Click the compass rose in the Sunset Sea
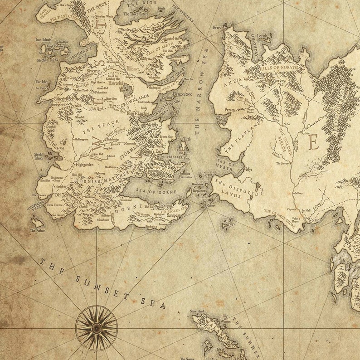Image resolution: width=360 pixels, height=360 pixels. click(x=96, y=327)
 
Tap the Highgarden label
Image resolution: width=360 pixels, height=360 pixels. click(x=84, y=165)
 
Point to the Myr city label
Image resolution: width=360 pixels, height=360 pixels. click(x=248, y=170)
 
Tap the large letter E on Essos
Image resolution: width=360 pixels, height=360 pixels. click(x=313, y=143)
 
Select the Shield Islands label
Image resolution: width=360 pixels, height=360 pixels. click(x=39, y=156)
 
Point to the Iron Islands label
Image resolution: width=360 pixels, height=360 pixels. click(x=44, y=40)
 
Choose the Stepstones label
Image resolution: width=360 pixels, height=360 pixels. click(x=199, y=191)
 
